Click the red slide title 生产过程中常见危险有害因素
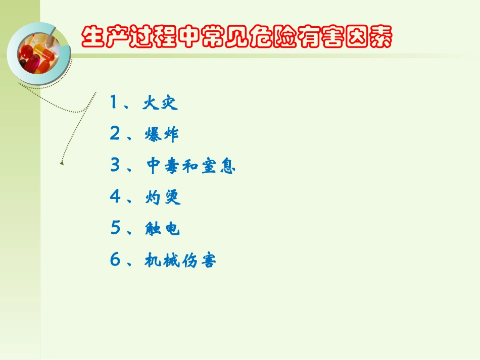tap(236, 37)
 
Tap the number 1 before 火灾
tap(114, 103)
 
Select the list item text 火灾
tap(161, 104)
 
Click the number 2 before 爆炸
tap(114, 134)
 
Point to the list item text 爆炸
tap(161, 135)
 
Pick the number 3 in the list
tap(115, 166)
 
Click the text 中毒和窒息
tap(191, 166)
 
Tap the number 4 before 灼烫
tap(115, 197)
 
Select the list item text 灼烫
tap(163, 197)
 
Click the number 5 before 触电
tap(115, 228)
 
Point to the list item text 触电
tap(162, 229)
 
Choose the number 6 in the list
tap(115, 260)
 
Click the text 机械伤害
tap(180, 261)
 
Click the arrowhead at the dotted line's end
tap(62, 163)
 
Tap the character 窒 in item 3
tap(209, 166)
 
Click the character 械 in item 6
tap(172, 261)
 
